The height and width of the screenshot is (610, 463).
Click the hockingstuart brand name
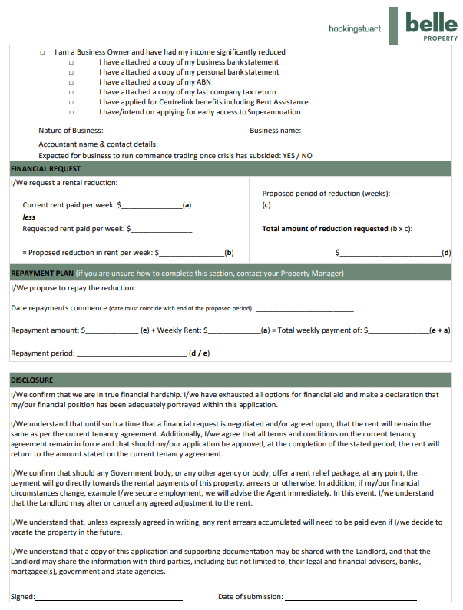tap(354, 28)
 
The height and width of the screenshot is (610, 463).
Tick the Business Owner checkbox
tap(42, 52)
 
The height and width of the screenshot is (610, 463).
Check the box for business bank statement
tap(71, 62)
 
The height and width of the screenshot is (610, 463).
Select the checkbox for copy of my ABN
tap(71, 82)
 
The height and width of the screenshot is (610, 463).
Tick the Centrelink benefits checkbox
tap(71, 102)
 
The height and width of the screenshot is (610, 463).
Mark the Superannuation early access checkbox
tap(71, 112)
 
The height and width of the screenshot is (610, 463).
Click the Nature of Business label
tap(71, 131)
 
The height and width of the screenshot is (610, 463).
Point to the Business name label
tap(275, 131)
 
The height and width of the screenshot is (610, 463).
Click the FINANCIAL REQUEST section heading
tap(45, 169)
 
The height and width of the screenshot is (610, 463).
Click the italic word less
tap(29, 217)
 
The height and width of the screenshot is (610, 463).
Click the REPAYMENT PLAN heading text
tap(42, 273)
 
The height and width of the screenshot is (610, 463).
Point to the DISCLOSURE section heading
tap(31, 380)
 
